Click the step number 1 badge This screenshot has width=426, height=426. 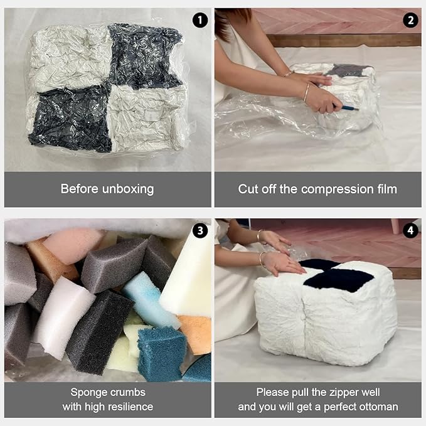[200, 20]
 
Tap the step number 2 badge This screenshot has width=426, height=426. [410, 20]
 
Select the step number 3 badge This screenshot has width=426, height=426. [200, 230]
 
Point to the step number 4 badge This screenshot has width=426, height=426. [410, 230]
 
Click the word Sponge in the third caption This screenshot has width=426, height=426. [88, 392]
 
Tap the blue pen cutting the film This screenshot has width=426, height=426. [349, 108]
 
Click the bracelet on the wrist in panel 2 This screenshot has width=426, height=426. [306, 92]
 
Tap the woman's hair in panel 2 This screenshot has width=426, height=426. [225, 22]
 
